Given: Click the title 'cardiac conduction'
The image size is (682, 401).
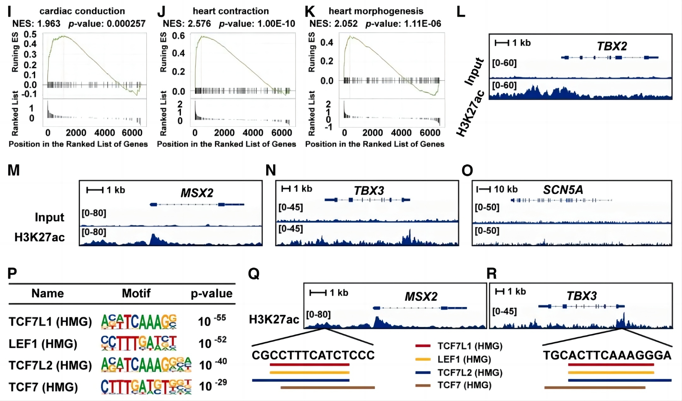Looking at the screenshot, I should pyautogui.click(x=82, y=11).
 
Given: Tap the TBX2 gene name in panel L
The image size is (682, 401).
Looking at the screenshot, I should pyautogui.click(x=612, y=46).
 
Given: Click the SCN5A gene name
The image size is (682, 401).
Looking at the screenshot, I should pyautogui.click(x=563, y=190).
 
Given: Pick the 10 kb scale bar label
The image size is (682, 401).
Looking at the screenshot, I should pyautogui.click(x=506, y=189).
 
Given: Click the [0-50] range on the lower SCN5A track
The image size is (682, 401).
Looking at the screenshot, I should pyautogui.click(x=487, y=231).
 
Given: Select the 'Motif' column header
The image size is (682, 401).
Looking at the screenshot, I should pyautogui.click(x=136, y=293).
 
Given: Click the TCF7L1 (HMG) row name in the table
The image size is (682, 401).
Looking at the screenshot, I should pyautogui.click(x=50, y=322).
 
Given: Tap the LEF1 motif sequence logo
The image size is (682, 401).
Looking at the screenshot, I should pyautogui.click(x=139, y=343).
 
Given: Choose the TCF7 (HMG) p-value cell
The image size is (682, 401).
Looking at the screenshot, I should pyautogui.click(x=213, y=386).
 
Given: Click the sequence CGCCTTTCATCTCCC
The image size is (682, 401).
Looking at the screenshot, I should pyautogui.click(x=313, y=355).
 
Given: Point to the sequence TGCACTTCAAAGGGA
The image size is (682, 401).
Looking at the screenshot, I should pyautogui.click(x=607, y=355).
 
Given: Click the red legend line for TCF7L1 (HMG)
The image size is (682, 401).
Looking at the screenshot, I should pyautogui.click(x=423, y=346).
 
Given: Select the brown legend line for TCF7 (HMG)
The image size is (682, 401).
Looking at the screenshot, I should pyautogui.click(x=423, y=385).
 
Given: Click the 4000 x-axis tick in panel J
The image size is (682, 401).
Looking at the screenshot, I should pyautogui.click(x=253, y=133).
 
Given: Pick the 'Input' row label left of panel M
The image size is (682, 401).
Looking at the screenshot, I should pyautogui.click(x=49, y=217).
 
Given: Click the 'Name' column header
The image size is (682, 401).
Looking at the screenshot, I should pyautogui.click(x=48, y=293).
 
